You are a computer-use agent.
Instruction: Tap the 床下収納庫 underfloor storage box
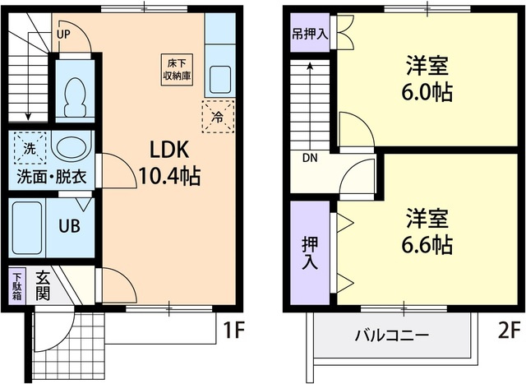[x=174, y=68]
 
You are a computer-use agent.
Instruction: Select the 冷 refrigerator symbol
[x=217, y=116]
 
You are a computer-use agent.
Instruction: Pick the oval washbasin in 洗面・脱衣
[x=71, y=149]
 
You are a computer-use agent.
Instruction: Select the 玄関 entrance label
[x=42, y=289]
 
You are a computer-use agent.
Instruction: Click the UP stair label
[x=64, y=35]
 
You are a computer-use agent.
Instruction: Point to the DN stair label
[x=310, y=158]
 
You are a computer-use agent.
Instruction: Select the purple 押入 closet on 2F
[x=310, y=252]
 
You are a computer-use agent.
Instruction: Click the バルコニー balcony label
[x=391, y=335]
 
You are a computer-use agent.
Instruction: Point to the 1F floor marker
[x=233, y=331]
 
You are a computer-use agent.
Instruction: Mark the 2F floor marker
[x=508, y=331]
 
